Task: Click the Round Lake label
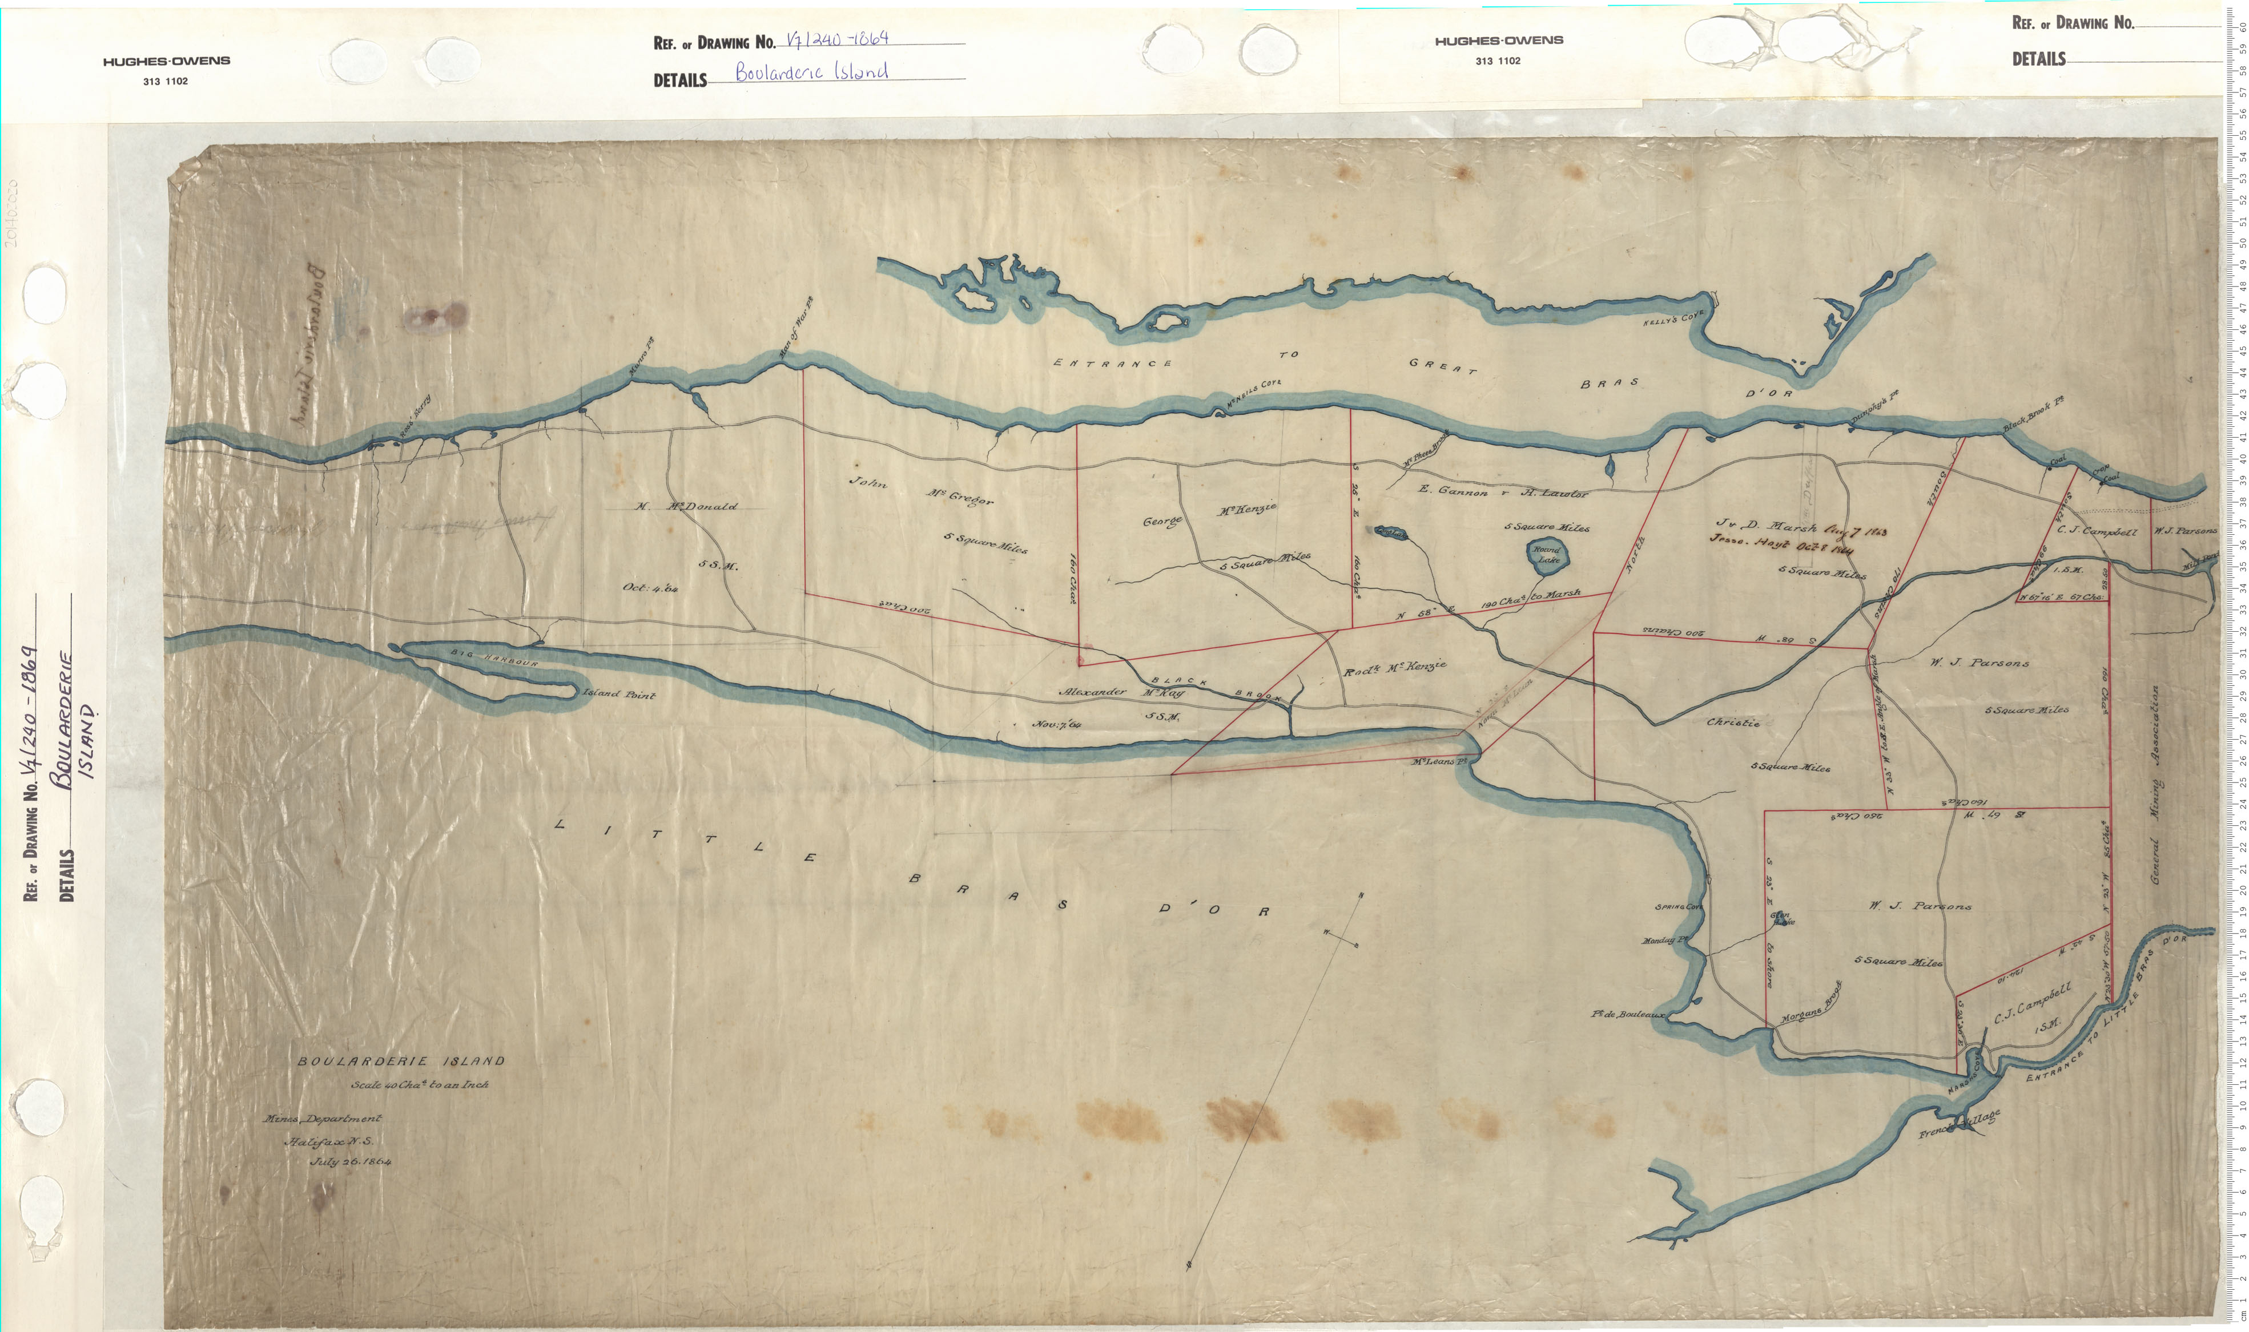tap(1546, 554)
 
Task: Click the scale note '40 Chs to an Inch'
tap(420, 1084)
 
